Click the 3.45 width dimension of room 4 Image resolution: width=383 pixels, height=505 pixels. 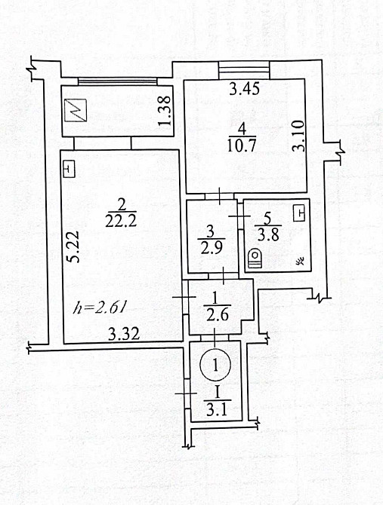pos(244,89)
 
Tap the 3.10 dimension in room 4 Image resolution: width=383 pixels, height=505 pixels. pos(298,136)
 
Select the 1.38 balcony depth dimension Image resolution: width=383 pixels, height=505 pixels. pos(165,111)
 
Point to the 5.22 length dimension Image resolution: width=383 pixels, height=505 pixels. pos(74,247)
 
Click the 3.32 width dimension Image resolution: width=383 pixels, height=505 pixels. pos(124,334)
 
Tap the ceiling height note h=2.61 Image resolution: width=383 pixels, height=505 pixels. pos(99,308)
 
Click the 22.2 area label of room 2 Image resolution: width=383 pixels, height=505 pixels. pos(121,222)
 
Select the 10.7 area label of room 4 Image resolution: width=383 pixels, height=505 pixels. pos(242,146)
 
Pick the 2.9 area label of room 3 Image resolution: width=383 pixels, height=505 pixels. pos(210,248)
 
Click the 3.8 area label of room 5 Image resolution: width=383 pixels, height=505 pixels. pos(268,235)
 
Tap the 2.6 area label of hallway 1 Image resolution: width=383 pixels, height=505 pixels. pos(218,314)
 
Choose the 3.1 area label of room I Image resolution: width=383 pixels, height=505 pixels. pos(217,410)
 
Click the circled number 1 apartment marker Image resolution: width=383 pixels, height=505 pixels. pos(215,365)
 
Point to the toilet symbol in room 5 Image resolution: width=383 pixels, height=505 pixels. pos(255,258)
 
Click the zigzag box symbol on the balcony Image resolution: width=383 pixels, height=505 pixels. pos(76,111)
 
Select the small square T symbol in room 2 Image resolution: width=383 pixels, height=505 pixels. pos(69,169)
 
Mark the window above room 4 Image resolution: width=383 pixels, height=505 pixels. pos(244,70)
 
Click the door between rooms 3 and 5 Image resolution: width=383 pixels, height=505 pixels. pos(239,216)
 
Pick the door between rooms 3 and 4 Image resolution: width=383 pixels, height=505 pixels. pos(219,196)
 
